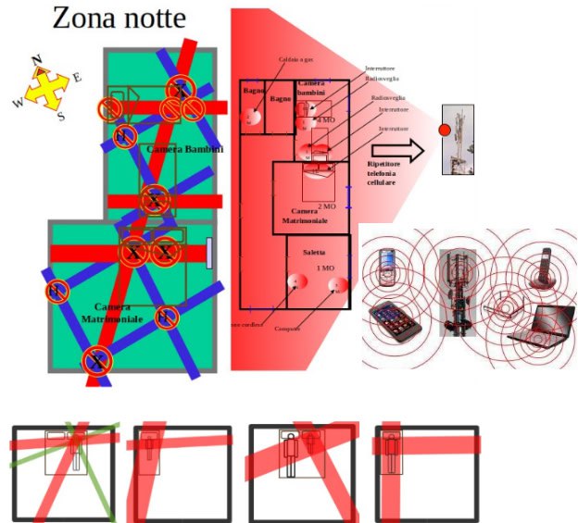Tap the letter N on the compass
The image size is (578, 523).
37,61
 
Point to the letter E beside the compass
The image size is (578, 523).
76,78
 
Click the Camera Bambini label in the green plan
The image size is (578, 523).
184,149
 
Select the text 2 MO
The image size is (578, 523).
326,206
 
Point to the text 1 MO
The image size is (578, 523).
325,268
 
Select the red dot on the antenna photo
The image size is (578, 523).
444,129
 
